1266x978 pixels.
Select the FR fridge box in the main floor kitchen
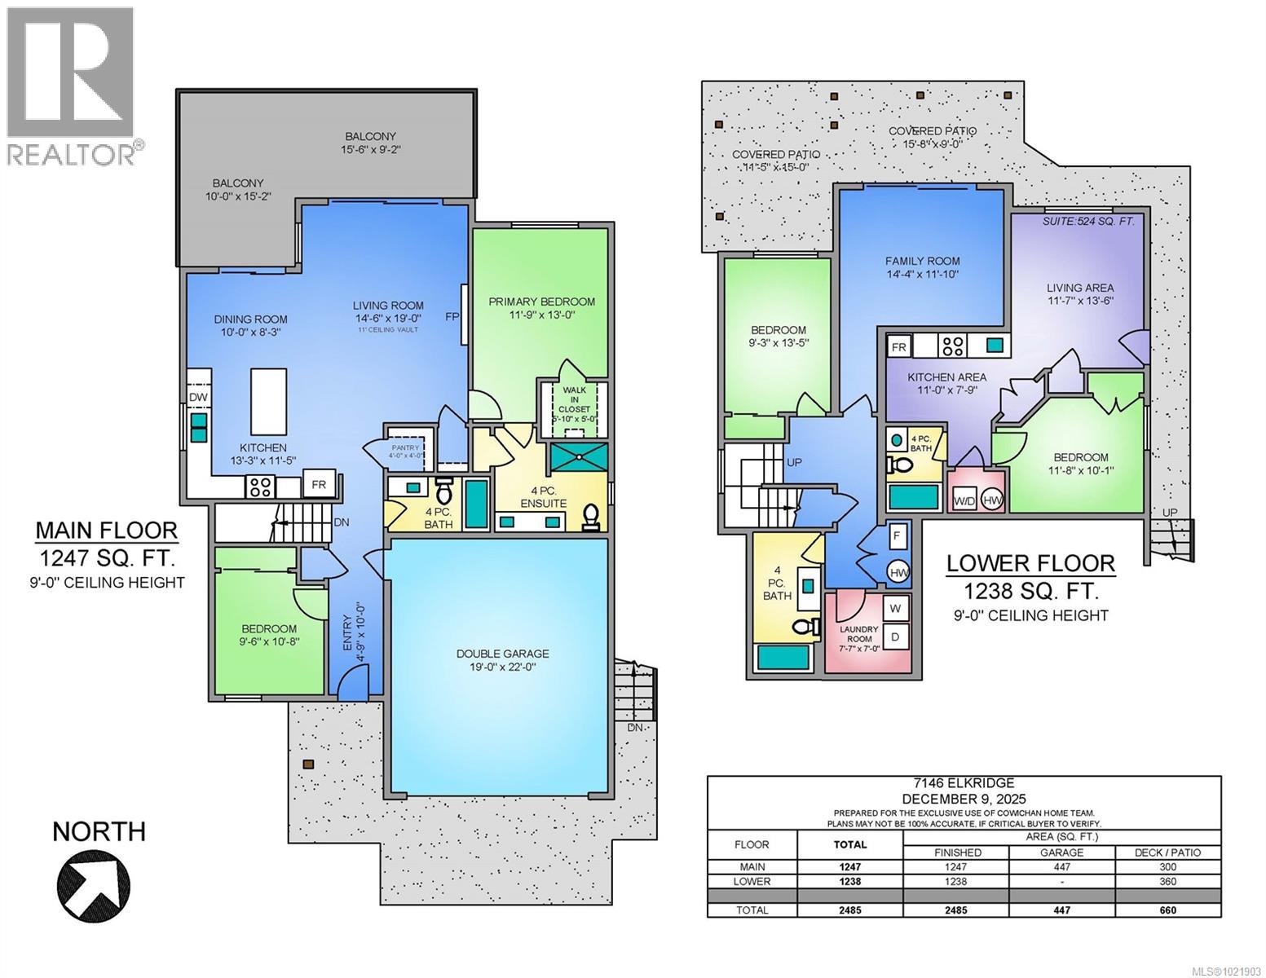tap(319, 484)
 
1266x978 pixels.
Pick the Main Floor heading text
tap(106, 531)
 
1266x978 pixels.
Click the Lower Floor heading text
tap(1030, 563)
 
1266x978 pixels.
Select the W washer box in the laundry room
tap(894, 608)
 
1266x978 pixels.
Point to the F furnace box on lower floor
tap(896, 536)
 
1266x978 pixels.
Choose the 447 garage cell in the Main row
tap(1061, 867)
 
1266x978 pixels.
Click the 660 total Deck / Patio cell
tap(1167, 910)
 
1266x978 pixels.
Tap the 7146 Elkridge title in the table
tap(964, 784)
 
